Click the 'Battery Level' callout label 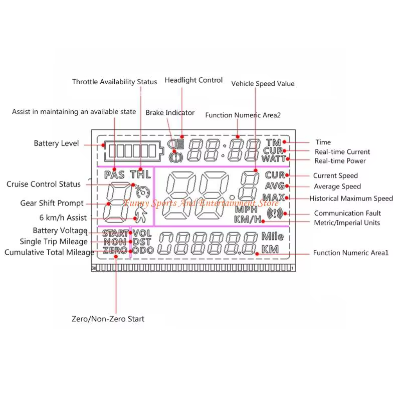point(56,143)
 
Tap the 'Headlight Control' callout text point(193,80)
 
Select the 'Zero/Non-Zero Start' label point(108,319)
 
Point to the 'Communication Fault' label point(347,213)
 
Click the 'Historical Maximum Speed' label point(351,198)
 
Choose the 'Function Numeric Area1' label point(350,253)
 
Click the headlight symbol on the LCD point(175,144)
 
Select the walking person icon point(141,215)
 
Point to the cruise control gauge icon point(143,191)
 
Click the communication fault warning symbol point(275,214)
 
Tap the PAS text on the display point(114,175)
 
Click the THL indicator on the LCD point(140,174)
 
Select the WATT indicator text point(274,159)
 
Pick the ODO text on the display point(143,250)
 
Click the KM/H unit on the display point(247,220)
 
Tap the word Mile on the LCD point(273,237)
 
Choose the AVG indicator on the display point(275,186)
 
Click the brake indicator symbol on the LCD point(176,157)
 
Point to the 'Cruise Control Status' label point(44,184)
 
